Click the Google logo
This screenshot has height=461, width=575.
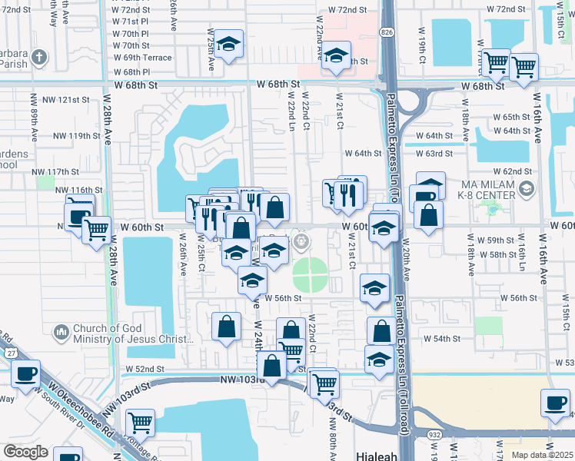(x=25, y=452)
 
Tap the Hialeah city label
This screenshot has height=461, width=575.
(x=377, y=456)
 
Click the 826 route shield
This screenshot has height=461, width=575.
(x=386, y=32)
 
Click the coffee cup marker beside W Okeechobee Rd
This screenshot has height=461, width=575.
(x=25, y=375)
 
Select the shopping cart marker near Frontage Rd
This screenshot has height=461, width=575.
(x=140, y=422)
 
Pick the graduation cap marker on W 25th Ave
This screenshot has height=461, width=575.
(x=228, y=46)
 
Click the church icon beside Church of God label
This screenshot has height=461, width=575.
(x=61, y=332)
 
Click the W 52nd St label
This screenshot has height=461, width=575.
(x=145, y=369)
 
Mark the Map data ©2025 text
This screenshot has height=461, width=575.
(x=543, y=455)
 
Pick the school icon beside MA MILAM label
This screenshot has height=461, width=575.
(x=527, y=188)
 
